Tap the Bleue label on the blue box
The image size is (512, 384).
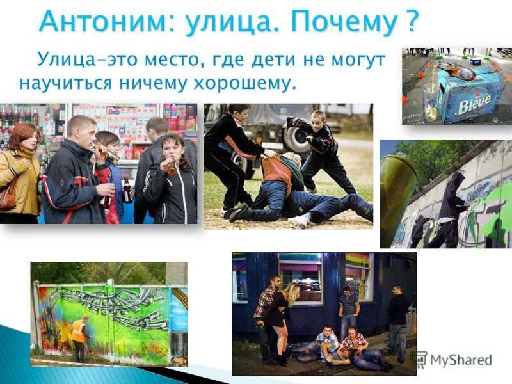pos(474,103)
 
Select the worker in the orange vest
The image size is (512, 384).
pos(79,339)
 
